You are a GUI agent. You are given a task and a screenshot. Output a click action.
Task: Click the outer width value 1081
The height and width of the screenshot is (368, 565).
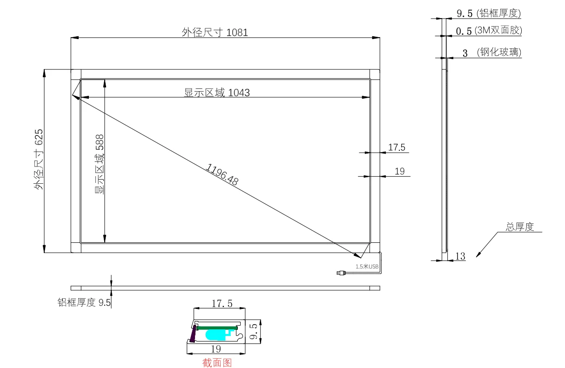pos(237,33)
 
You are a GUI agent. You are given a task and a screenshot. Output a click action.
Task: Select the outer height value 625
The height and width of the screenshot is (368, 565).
pos(39,137)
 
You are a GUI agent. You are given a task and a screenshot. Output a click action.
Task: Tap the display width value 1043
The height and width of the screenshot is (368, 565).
pos(239,93)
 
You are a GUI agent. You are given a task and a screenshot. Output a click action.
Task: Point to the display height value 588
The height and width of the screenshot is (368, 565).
pos(100,142)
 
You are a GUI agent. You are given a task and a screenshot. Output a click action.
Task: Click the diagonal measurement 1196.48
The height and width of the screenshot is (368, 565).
pos(222,174)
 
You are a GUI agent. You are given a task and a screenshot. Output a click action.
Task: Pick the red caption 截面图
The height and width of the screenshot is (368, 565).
pos(217,363)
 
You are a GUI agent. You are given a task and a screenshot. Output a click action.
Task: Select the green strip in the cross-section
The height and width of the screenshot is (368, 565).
pos(217,328)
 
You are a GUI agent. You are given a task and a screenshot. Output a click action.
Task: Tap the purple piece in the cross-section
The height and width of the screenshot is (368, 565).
pos(193,334)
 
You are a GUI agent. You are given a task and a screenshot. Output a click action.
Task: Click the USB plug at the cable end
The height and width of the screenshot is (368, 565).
pos(341,273)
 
